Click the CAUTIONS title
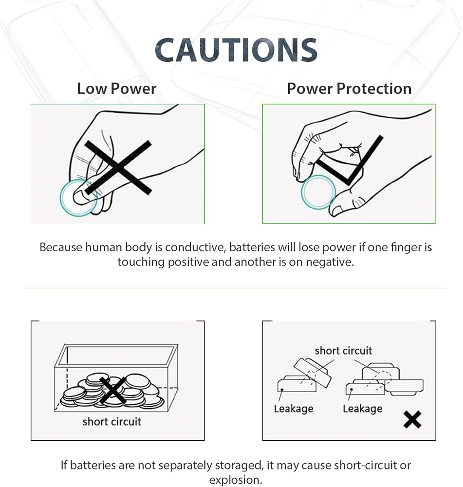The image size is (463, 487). tap(236, 50)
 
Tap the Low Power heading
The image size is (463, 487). tap(116, 89)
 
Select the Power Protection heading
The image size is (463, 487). tap(350, 89)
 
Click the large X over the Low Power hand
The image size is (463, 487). tap(118, 168)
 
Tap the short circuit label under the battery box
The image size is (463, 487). tap(112, 422)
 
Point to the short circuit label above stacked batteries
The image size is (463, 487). tap(343, 351)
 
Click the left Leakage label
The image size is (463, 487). tap(294, 409)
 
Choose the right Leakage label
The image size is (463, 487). tap(362, 409)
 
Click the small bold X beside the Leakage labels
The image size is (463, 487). tap(412, 420)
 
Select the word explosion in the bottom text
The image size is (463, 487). tap(235, 480)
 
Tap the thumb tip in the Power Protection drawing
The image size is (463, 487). tap(337, 209)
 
